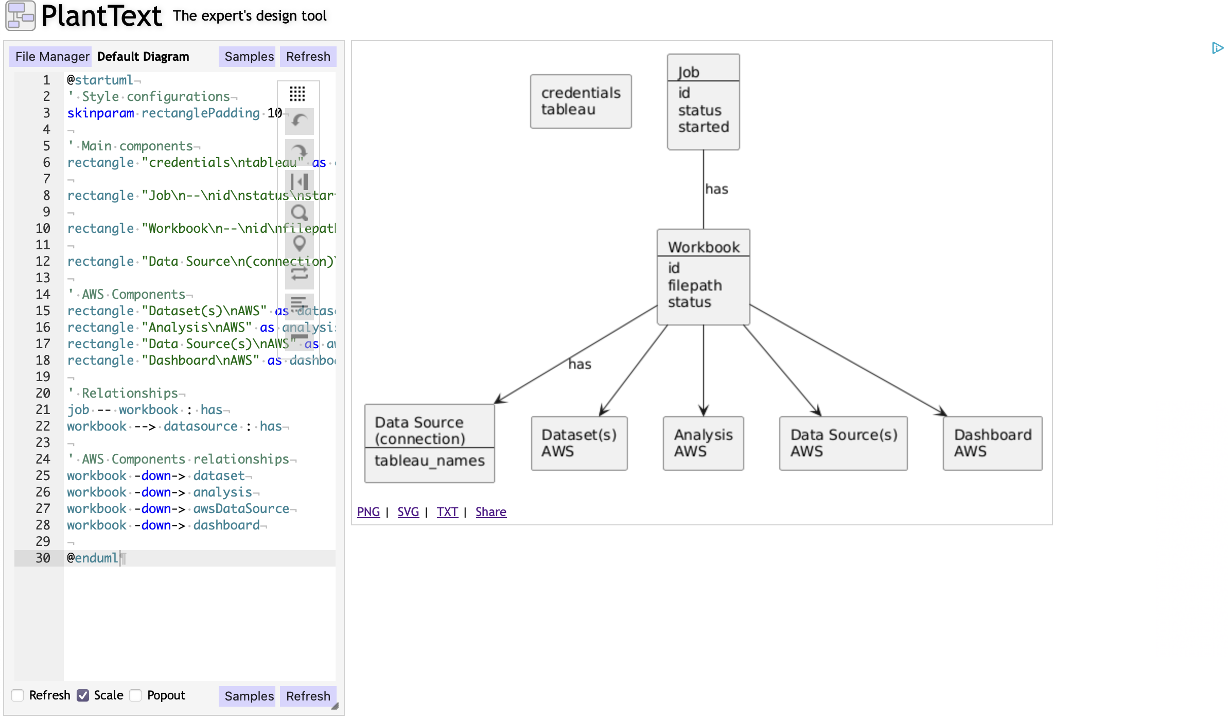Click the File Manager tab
(x=51, y=57)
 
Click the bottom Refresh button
(x=308, y=696)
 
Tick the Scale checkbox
(x=83, y=695)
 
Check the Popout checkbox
(x=136, y=695)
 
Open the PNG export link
(x=368, y=512)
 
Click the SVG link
(x=408, y=512)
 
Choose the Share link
(x=490, y=512)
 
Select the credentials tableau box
(x=581, y=101)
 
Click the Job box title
(x=688, y=72)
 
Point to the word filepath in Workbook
(x=694, y=285)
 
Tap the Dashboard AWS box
(x=992, y=443)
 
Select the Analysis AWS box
(x=703, y=443)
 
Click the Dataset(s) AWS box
(x=579, y=443)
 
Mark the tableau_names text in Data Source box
(x=429, y=460)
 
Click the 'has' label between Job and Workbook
(x=716, y=190)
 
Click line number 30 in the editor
(x=43, y=558)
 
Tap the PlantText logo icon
(x=21, y=15)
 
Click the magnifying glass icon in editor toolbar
(x=299, y=212)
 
